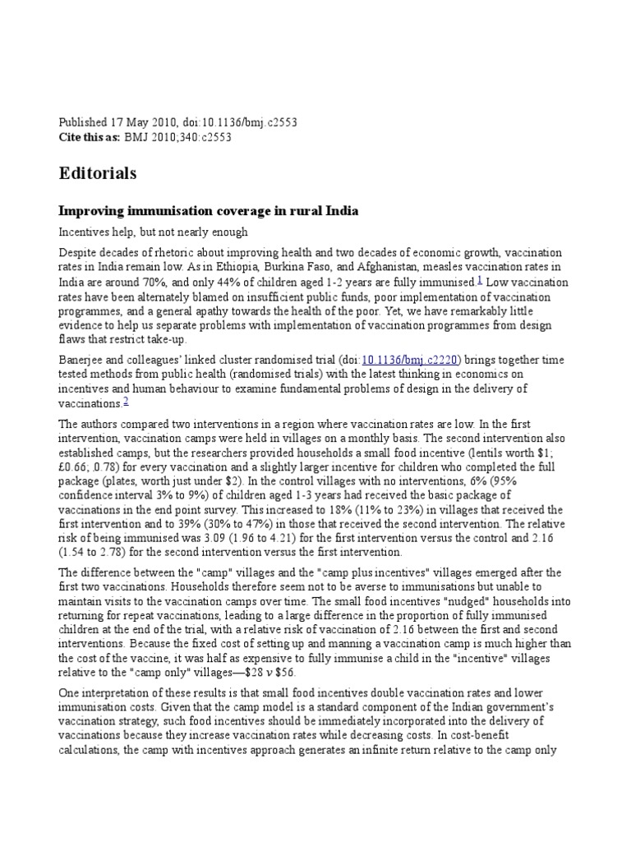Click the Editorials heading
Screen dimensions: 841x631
(x=98, y=174)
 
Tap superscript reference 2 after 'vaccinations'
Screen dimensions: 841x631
(x=126, y=401)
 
